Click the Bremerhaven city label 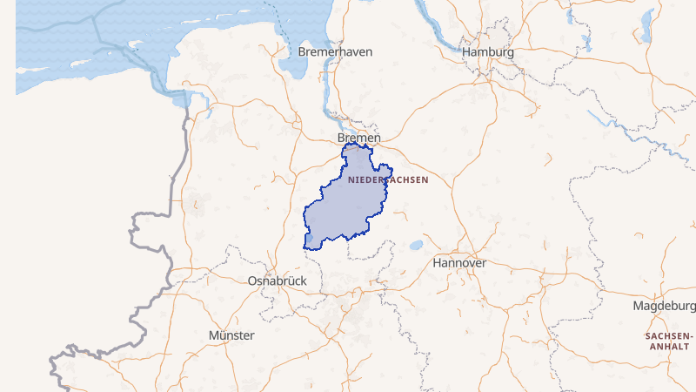pyautogui.click(x=335, y=52)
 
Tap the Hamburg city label pyautogui.click(x=488, y=52)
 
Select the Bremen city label pyautogui.click(x=358, y=139)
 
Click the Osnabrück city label pyautogui.click(x=277, y=281)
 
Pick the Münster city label pyautogui.click(x=231, y=335)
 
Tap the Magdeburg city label pyautogui.click(x=664, y=307)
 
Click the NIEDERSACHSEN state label pyautogui.click(x=387, y=180)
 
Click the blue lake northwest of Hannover pyautogui.click(x=418, y=245)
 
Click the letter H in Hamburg pyautogui.click(x=467, y=52)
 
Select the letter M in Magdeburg pyautogui.click(x=638, y=307)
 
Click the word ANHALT pyautogui.click(x=668, y=347)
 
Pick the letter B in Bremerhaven pyautogui.click(x=302, y=52)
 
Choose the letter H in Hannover pyautogui.click(x=437, y=262)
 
